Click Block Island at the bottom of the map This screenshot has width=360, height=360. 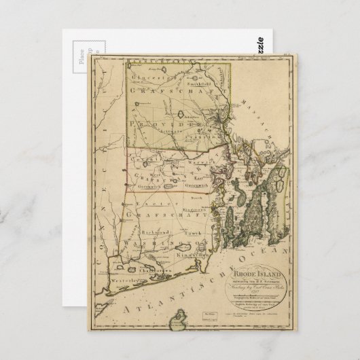(180, 319)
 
